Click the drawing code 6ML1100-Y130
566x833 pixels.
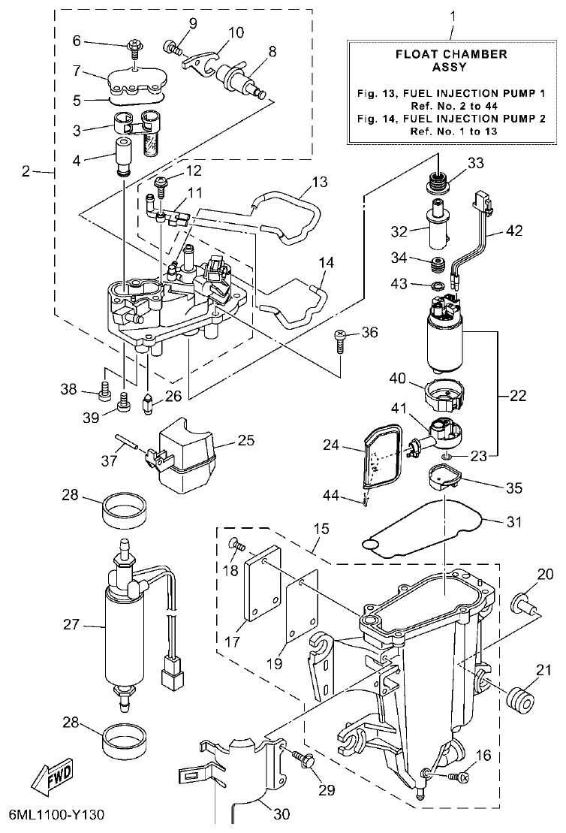click(x=57, y=815)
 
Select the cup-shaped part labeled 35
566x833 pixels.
click(x=442, y=477)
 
